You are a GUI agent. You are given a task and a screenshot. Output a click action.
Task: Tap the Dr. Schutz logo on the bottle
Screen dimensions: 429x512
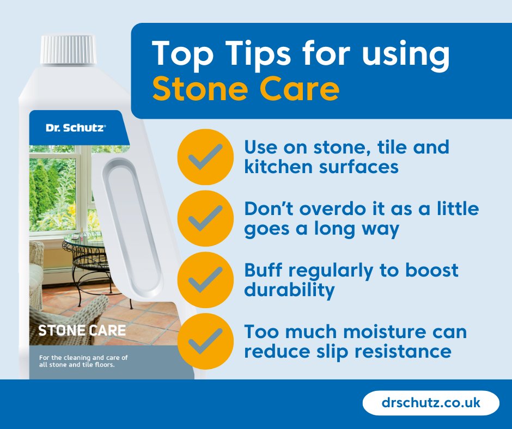tap(76, 127)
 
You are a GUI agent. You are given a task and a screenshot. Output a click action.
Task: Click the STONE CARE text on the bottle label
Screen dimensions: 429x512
tap(82, 330)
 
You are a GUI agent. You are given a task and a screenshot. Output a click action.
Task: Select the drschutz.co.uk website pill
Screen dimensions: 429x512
tap(430, 403)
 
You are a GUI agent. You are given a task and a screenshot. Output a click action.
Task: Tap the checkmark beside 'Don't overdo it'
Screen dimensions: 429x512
tap(205, 218)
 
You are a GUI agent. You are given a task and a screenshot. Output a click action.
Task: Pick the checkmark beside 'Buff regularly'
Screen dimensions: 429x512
tap(205, 279)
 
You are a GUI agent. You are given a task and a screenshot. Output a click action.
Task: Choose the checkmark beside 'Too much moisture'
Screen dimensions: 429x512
tap(205, 340)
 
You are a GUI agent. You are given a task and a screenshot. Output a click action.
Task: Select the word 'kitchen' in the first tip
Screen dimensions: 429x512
tap(277, 166)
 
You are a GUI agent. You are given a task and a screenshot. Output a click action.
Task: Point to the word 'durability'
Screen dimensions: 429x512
tap(289, 290)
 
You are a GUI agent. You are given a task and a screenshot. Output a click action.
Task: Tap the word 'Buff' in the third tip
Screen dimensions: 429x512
tap(263, 270)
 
